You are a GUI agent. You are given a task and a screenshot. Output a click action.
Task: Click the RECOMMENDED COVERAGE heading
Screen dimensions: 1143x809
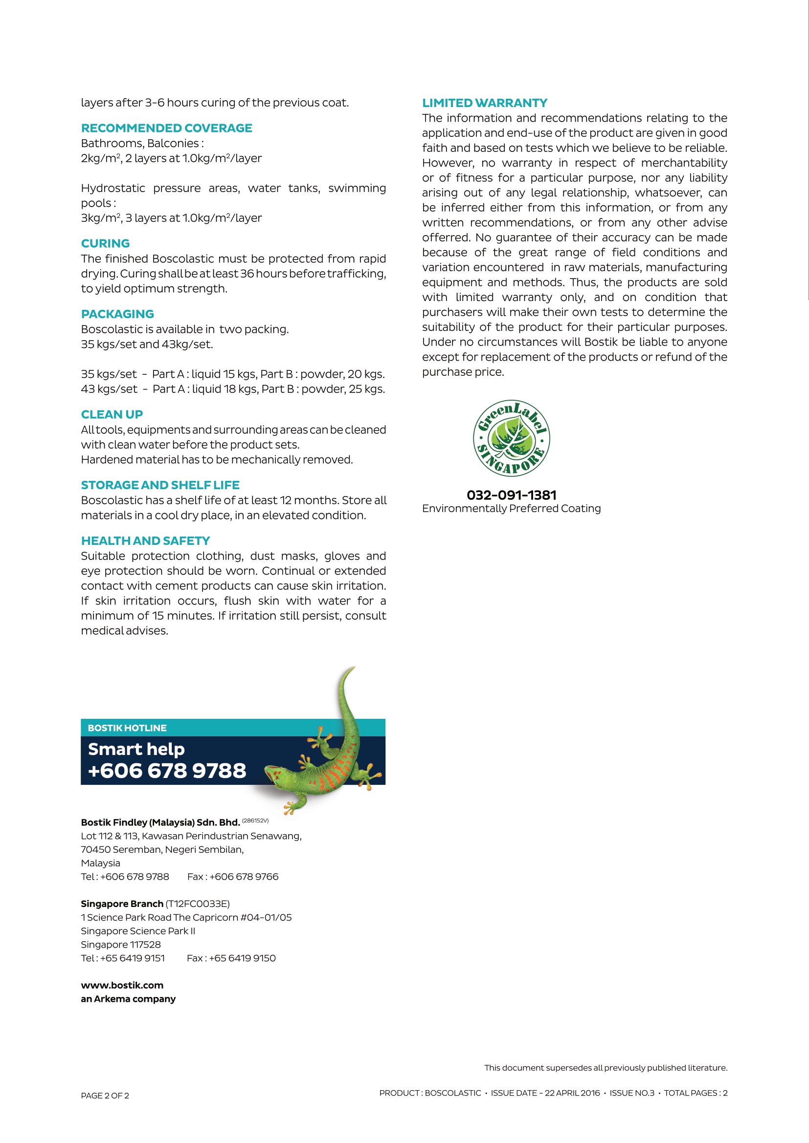pos(166,128)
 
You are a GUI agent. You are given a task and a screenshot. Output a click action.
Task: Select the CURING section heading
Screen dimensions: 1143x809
pos(105,243)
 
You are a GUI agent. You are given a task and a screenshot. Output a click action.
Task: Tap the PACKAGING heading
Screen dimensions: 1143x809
pos(117,314)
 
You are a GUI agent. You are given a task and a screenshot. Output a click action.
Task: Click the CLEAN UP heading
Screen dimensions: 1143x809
pos(112,415)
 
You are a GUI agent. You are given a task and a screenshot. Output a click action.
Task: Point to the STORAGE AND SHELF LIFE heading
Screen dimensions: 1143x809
pos(160,485)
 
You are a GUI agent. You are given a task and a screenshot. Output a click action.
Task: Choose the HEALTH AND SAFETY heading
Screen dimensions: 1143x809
pos(145,541)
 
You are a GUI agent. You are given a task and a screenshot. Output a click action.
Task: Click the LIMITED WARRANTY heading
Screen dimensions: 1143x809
pos(484,103)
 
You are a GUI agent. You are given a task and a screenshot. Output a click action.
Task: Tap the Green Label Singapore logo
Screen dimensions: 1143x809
pos(511,438)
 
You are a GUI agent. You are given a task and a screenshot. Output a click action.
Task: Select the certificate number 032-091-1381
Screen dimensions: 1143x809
pos(511,496)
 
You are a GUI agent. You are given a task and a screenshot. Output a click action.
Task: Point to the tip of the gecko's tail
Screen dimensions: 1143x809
pos(353,668)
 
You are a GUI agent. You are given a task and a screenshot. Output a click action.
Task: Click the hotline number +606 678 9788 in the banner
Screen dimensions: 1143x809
pos(167,771)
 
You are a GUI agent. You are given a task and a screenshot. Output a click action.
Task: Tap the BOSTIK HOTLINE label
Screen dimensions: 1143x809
pos(127,728)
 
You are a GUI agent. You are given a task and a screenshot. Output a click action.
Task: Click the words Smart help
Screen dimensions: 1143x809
pos(136,749)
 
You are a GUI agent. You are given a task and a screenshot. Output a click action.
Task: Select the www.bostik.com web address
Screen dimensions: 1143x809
pos(122,985)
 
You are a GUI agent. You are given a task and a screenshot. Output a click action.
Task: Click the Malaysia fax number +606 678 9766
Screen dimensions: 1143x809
pos(244,877)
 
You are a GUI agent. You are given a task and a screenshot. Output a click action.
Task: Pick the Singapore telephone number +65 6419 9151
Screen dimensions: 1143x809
pos(132,958)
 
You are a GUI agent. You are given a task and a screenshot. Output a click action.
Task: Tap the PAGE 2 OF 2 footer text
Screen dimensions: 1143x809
pos(105,1096)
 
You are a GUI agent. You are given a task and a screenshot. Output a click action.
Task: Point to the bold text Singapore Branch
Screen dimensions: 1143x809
pos(122,904)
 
